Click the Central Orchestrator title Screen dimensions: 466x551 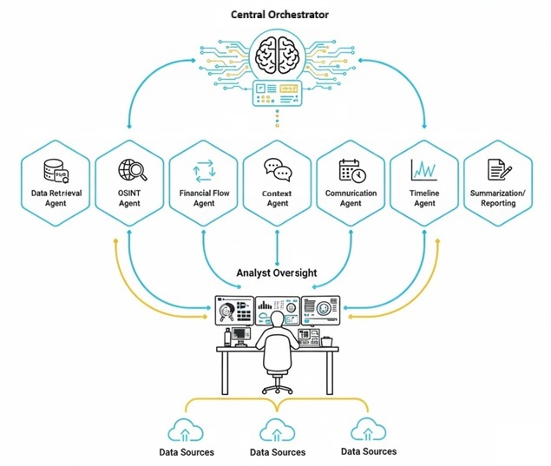tap(277, 15)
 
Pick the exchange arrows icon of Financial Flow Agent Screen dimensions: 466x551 tap(203, 169)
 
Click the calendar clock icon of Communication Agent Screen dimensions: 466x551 tap(351, 169)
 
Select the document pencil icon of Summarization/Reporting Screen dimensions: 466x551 tap(498, 168)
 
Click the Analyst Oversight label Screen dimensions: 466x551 tap(277, 272)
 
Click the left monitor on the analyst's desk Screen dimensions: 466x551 tap(233, 307)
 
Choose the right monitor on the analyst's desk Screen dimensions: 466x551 tap(321, 307)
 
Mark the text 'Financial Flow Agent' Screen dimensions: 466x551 tap(203, 198)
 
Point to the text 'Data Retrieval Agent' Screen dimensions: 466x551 tap(56, 198)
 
